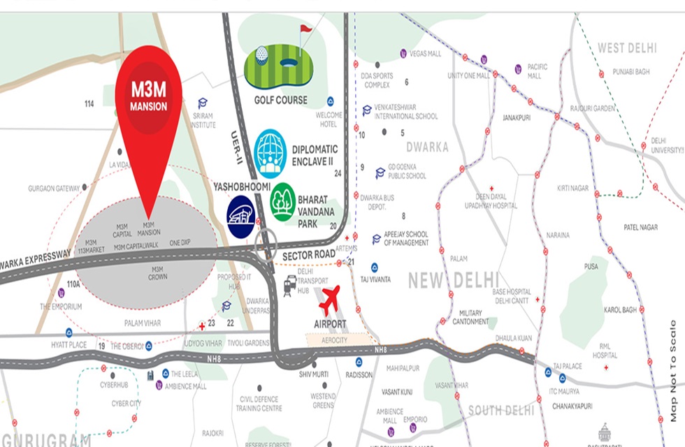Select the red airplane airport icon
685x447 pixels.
(329, 299)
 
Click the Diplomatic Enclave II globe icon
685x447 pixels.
(271, 153)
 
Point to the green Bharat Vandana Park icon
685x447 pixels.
(283, 202)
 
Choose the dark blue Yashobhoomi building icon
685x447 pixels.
(241, 217)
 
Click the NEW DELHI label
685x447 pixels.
(454, 280)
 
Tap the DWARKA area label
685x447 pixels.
(427, 147)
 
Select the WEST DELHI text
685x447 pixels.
(627, 48)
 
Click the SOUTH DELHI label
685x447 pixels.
(500, 410)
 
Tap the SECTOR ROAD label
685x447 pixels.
(308, 256)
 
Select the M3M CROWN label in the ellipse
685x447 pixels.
(157, 273)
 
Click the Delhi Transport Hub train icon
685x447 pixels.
(289, 285)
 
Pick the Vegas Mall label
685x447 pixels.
(426, 54)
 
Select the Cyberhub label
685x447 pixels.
(115, 385)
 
